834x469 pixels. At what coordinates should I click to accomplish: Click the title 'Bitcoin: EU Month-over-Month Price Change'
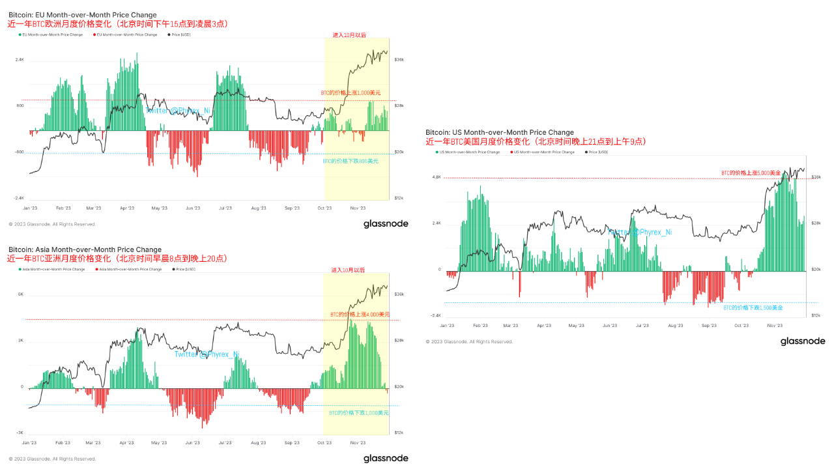[82, 14]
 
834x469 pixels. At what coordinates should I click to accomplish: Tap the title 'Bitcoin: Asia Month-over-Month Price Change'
[85, 249]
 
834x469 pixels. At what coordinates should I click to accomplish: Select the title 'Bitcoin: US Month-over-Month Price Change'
[500, 132]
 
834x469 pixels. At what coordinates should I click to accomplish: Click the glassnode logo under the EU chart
[386, 223]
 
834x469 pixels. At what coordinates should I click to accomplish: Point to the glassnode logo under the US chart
[803, 341]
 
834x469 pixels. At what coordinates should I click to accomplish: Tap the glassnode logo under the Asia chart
[386, 458]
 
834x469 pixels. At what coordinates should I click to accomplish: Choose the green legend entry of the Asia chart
[52, 269]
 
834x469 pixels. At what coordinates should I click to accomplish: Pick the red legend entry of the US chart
[543, 152]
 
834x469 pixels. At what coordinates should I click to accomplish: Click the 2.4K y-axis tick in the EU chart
[20, 59]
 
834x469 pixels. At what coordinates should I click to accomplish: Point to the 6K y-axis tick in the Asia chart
[21, 294]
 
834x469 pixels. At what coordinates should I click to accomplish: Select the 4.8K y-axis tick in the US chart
[437, 177]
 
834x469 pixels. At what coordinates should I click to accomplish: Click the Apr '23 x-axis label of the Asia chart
[126, 442]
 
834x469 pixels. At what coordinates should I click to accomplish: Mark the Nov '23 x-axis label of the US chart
[775, 325]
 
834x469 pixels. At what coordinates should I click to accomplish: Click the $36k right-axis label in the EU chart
[399, 59]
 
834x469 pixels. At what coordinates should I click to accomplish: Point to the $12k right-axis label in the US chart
[816, 315]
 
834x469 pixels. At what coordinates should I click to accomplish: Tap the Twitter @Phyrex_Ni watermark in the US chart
[639, 232]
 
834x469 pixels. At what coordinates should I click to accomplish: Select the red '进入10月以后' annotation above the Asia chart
[348, 270]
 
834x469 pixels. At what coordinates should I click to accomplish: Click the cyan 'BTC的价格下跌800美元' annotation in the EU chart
[351, 160]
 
